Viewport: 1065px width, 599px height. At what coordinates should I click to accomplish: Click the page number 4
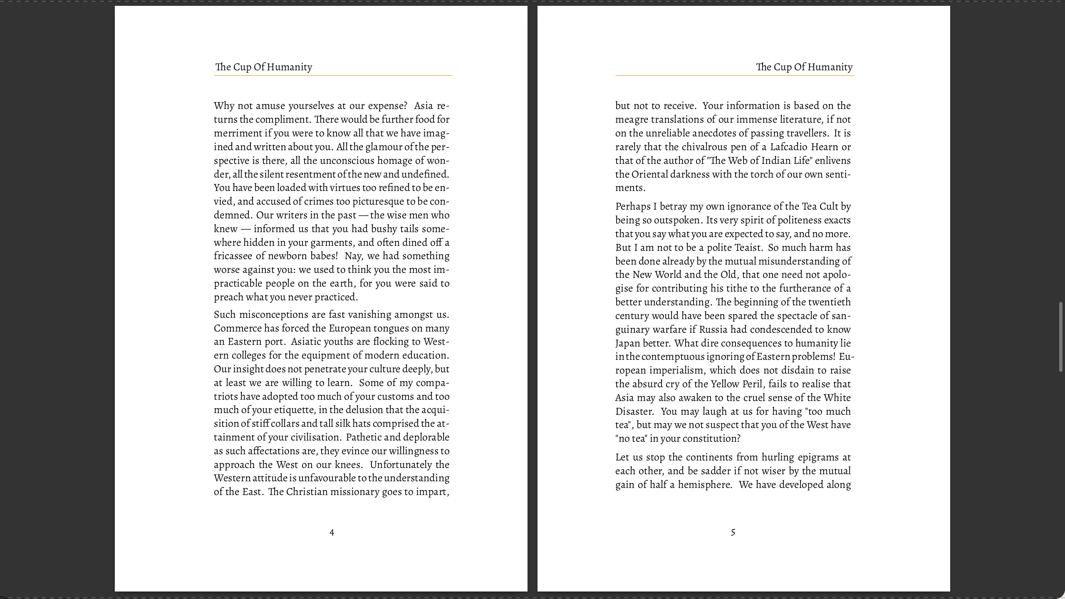point(332,532)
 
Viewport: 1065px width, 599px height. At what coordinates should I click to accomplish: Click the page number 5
point(733,532)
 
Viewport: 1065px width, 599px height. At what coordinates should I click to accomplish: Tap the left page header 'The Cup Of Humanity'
point(264,67)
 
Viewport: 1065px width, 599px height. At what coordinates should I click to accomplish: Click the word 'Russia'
point(713,329)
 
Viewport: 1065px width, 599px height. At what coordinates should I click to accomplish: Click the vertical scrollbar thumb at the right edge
point(1060,337)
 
